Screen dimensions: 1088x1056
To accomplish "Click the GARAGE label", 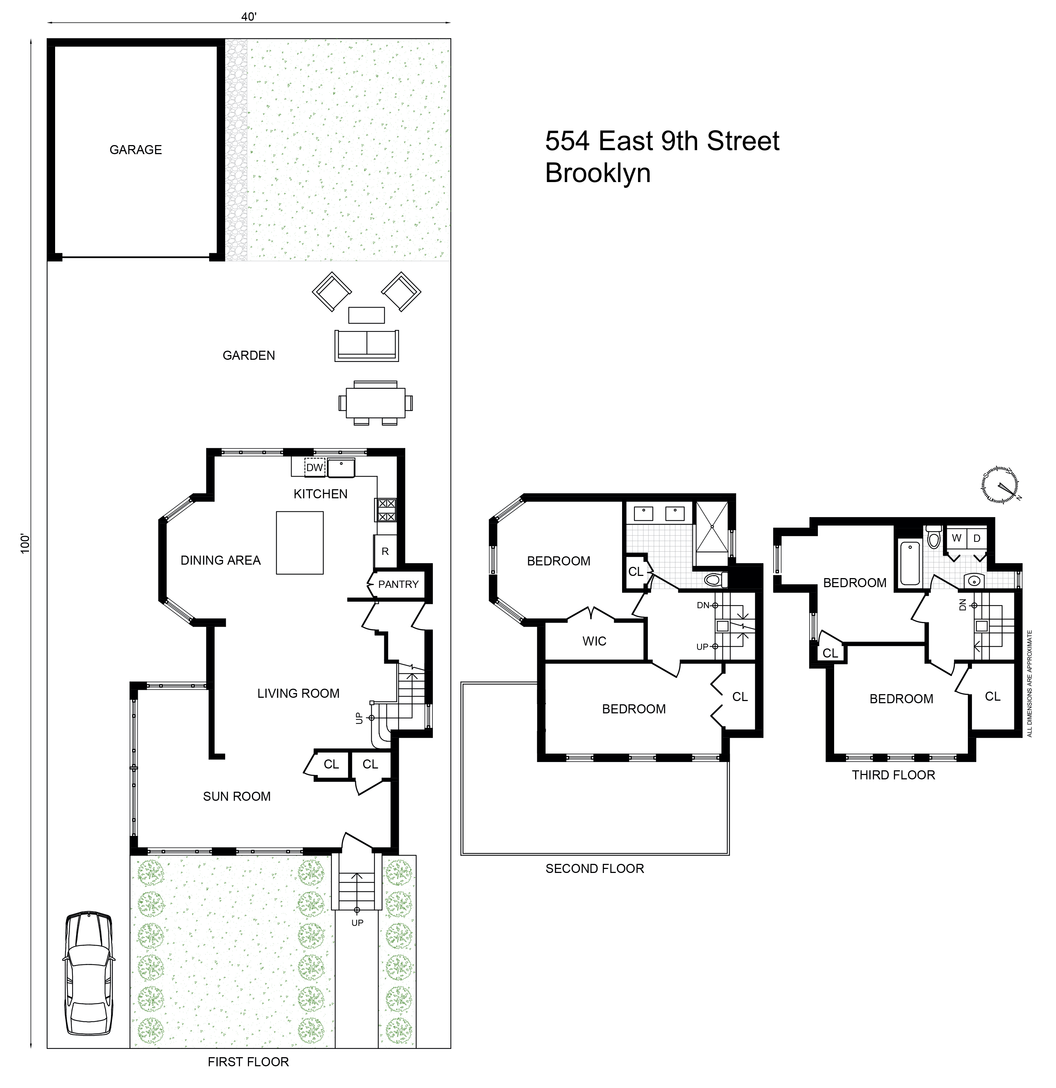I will point(136,150).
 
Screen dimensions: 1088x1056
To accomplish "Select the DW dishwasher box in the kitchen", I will point(315,467).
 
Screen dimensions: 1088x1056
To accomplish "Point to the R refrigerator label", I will point(385,551).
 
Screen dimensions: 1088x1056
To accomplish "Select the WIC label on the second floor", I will point(594,641).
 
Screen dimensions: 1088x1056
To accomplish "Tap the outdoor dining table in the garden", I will point(376,403).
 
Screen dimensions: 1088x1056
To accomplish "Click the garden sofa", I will point(366,345).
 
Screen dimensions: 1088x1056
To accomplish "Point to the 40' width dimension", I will point(249,17).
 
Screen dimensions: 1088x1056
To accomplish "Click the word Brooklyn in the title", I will point(598,173).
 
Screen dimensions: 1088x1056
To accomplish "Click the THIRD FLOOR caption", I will point(893,775).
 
